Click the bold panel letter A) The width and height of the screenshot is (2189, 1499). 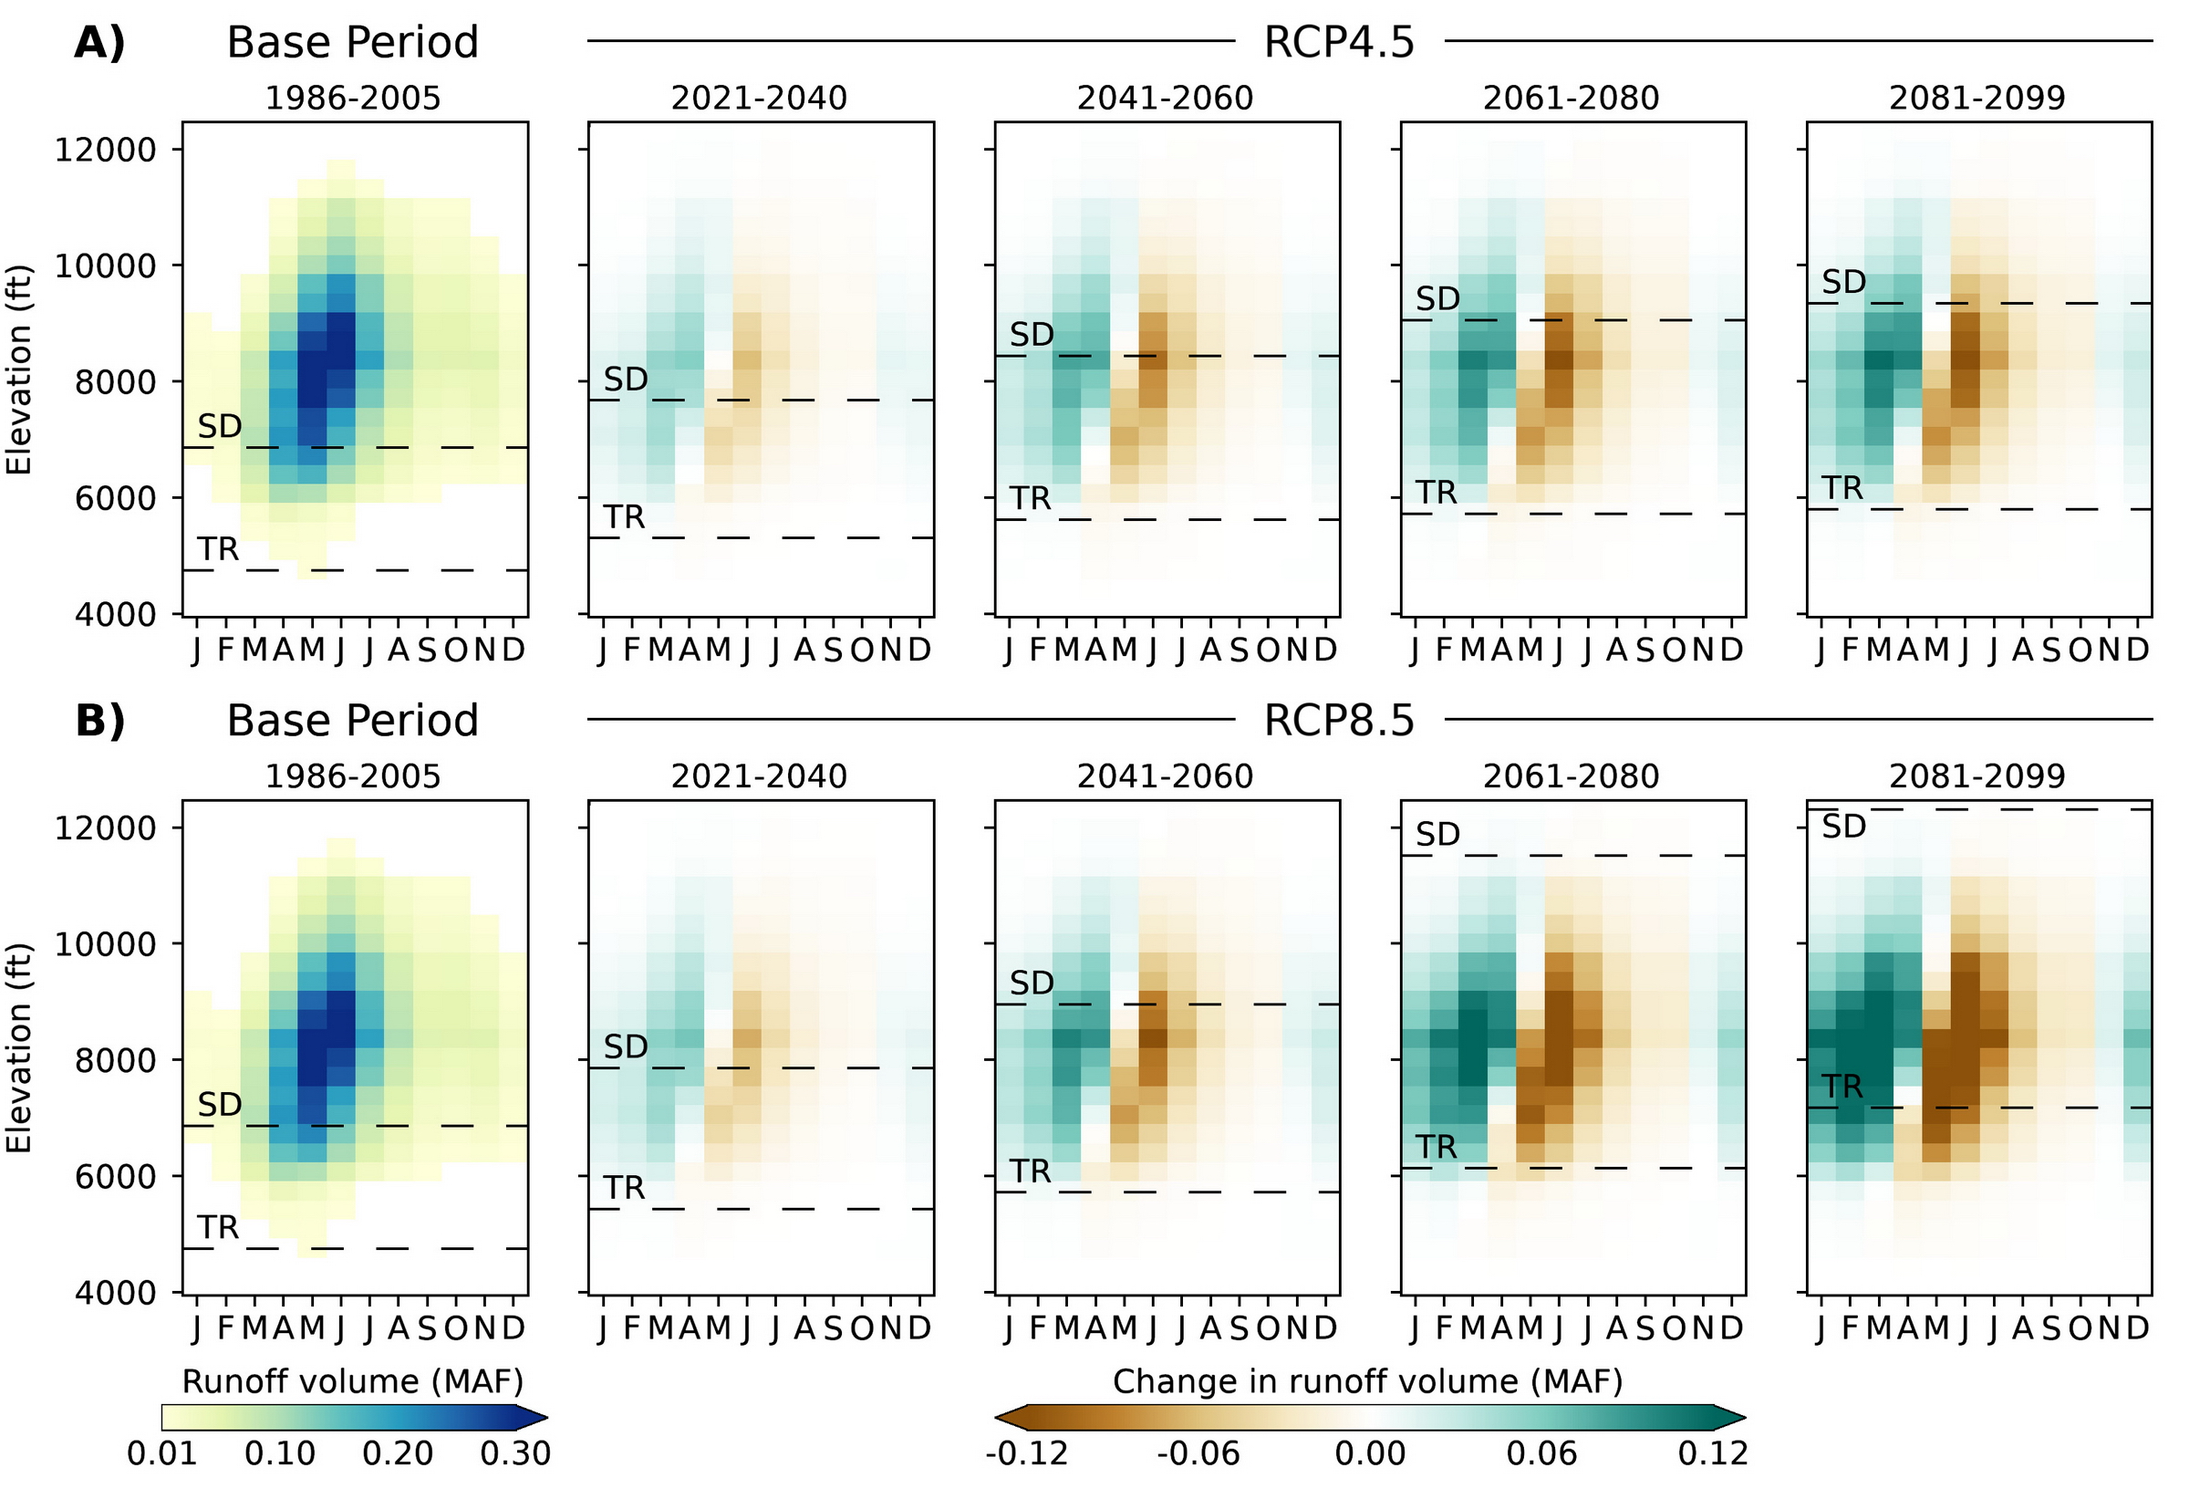tap(99, 42)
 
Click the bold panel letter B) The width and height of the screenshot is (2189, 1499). tap(99, 721)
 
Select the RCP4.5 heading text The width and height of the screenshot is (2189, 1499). tap(1338, 42)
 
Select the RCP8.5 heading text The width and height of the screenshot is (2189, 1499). tap(1338, 721)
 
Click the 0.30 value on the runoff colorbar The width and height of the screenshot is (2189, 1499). tap(515, 1453)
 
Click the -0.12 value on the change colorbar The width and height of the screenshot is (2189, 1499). tap(1027, 1453)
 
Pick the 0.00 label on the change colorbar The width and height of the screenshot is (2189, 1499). tap(1370, 1453)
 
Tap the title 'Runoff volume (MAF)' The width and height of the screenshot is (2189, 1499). tap(352, 1381)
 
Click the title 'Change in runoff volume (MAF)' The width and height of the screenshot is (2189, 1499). tap(1367, 1381)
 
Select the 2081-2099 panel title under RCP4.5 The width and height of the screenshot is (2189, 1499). tap(1977, 98)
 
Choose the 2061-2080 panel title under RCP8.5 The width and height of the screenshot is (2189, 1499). tap(1572, 776)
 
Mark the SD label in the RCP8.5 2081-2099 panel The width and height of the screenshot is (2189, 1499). tap(1843, 828)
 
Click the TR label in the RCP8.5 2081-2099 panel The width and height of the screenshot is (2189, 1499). tap(1842, 1088)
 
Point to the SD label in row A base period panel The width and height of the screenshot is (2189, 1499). tap(220, 427)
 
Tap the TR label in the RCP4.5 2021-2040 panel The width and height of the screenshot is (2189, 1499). tap(625, 517)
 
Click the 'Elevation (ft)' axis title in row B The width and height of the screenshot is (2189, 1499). tap(20, 1047)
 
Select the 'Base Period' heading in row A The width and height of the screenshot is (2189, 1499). tap(352, 42)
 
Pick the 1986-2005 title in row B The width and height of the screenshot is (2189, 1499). tap(352, 776)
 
